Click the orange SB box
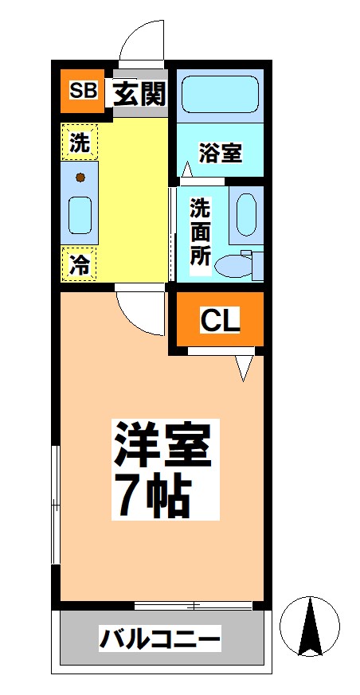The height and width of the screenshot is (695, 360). pos(82,92)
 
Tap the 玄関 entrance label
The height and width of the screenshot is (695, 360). pos(139,93)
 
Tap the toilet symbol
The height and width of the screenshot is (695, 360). pos(239,265)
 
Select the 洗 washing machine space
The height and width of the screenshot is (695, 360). pos(80,143)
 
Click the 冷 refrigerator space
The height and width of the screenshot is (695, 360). pos(80,264)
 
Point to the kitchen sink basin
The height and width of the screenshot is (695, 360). pos(80,214)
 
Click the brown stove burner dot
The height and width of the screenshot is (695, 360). pos(80,177)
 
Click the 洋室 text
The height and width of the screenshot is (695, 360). pos(162,446)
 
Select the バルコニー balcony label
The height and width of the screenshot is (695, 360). pos(159,638)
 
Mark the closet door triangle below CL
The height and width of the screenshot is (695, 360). pos(244,367)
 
